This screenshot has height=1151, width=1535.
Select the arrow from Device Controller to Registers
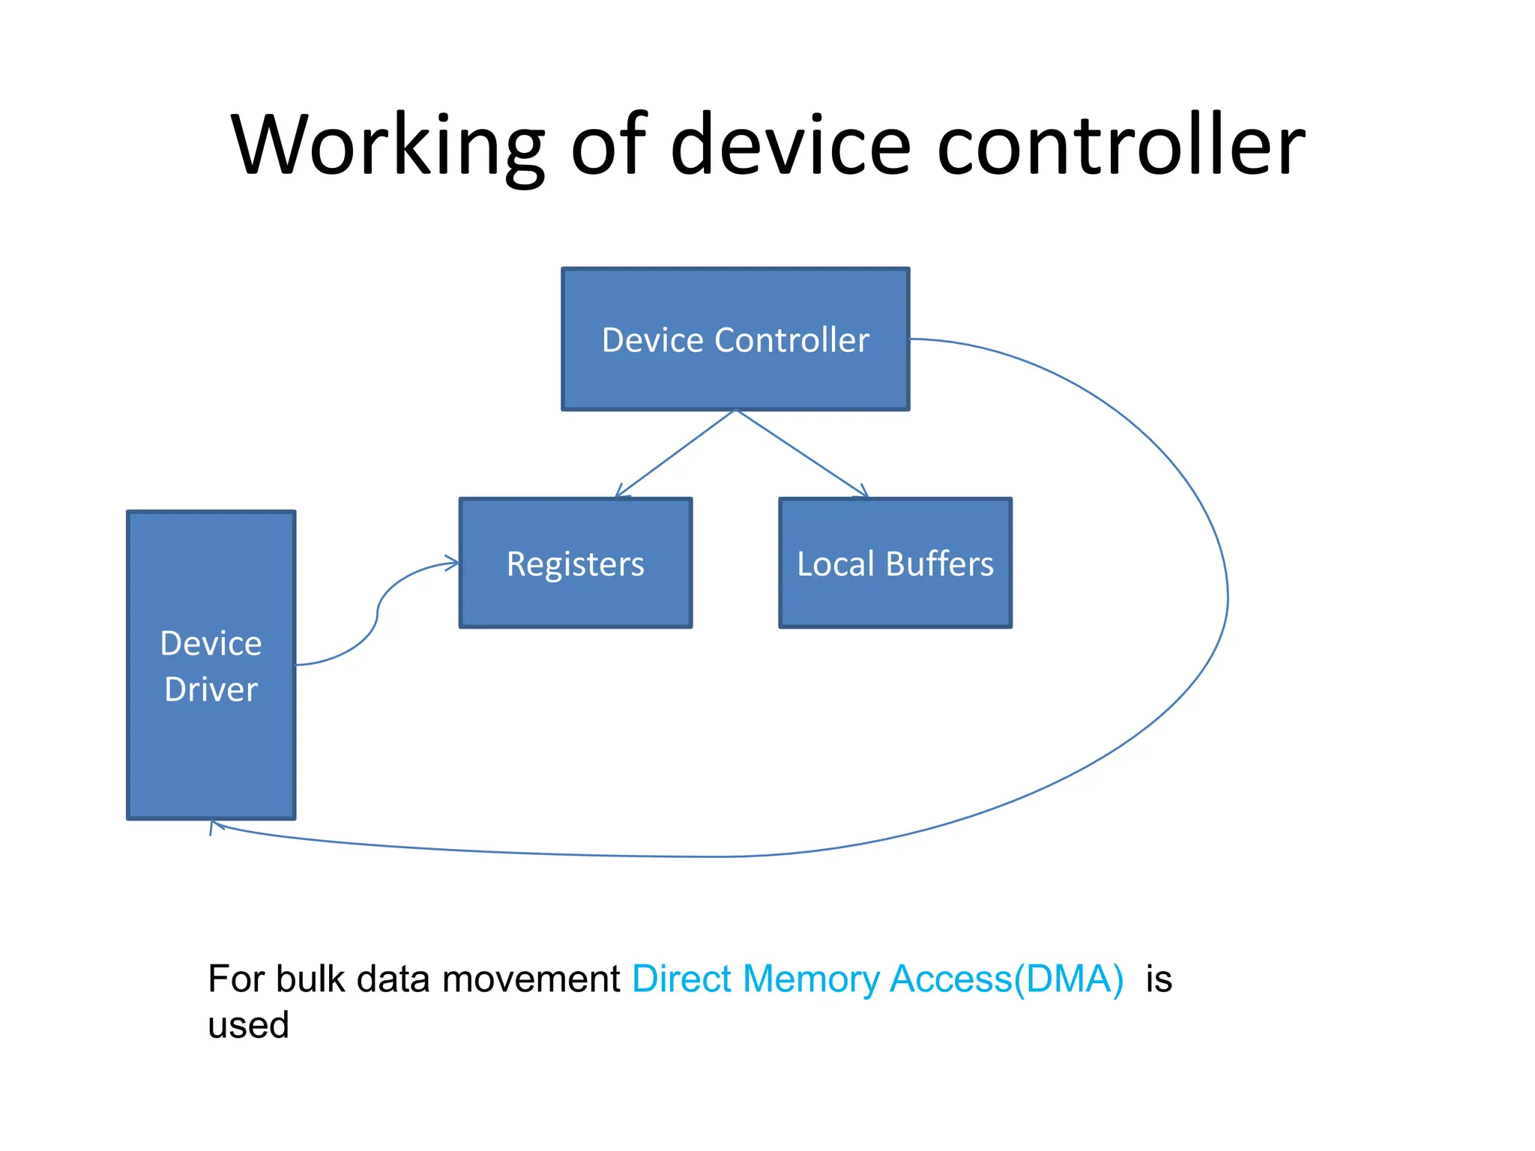click(675, 453)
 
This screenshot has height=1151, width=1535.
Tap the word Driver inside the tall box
click(211, 689)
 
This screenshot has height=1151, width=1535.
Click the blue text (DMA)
click(1068, 979)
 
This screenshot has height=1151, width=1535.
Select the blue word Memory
click(812, 979)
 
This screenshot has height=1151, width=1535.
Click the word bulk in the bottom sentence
click(310, 979)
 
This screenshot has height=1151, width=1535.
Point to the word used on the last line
click(248, 1025)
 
